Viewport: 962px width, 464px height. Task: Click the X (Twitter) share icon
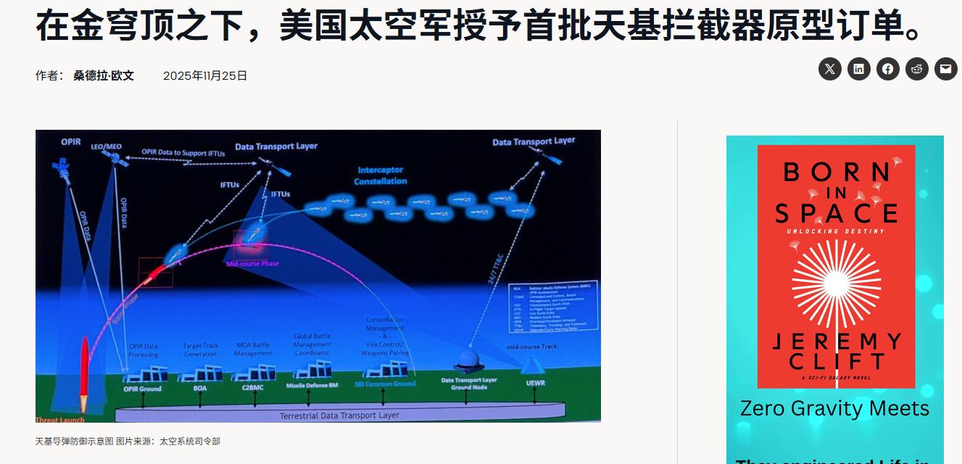[830, 69]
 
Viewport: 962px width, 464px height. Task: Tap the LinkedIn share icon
[859, 69]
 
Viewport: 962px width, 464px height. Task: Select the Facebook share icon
[888, 69]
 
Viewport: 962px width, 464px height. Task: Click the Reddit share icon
[917, 69]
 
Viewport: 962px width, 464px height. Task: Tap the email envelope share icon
[945, 69]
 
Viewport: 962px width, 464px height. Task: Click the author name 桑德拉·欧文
[104, 75]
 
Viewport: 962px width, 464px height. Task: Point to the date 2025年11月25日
[205, 75]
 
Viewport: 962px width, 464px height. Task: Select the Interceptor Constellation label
[381, 175]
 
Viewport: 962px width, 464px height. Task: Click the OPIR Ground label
[142, 389]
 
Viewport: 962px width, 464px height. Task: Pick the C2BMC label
[252, 388]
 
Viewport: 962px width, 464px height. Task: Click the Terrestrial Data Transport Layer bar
[339, 415]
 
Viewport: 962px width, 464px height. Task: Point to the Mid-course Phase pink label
[252, 264]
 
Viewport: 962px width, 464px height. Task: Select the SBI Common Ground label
[385, 384]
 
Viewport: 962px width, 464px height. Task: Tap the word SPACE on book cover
[836, 213]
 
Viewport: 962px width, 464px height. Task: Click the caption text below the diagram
[128, 441]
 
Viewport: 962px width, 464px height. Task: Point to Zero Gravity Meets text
[834, 408]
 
